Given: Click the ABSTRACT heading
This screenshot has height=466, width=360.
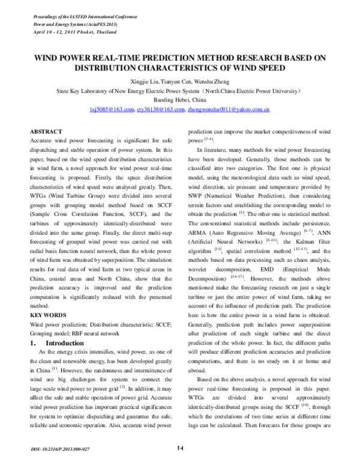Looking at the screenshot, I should click(46, 131).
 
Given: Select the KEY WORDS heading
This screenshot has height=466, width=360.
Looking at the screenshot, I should click(49, 314).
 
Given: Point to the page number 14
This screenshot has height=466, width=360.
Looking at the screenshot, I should click(180, 449).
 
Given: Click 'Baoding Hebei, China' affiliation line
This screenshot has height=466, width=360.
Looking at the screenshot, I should click(180, 101).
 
